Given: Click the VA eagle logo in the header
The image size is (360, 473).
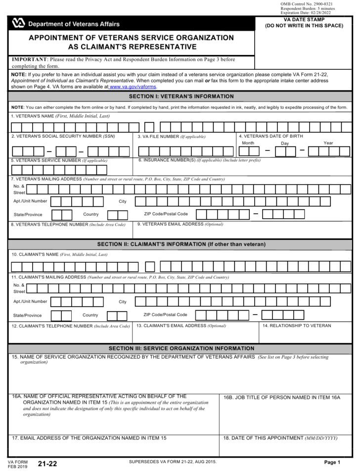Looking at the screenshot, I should tap(18, 23).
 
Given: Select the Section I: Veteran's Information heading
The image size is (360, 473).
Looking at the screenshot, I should tap(180, 96).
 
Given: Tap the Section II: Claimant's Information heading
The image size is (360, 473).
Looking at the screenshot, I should tap(180, 244).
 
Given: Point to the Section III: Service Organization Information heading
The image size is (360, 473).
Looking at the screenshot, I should tap(180, 348).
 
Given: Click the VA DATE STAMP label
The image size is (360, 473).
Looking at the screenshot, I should tap(304, 20).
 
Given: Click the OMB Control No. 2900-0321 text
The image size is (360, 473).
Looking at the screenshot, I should tap(307, 4).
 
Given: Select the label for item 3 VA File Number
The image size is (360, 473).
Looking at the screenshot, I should tap(172, 137).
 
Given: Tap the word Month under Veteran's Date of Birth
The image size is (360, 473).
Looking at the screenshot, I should tap(248, 143).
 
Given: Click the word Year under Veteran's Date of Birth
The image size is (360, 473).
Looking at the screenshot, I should tap(328, 143).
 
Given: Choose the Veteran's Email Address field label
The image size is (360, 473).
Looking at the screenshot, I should tap(180, 224).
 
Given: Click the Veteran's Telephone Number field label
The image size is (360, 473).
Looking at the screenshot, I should tap(68, 225).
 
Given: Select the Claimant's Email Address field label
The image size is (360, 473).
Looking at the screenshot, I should tap(181, 326).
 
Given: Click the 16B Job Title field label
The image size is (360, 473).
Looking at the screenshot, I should tap(282, 397).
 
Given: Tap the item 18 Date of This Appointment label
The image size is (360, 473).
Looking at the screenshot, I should tap(280, 438).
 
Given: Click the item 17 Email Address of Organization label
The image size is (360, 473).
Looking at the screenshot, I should tap(89, 438).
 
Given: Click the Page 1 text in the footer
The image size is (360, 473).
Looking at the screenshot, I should tap(332, 462).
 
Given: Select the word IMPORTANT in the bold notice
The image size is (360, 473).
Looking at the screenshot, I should tap(29, 59).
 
